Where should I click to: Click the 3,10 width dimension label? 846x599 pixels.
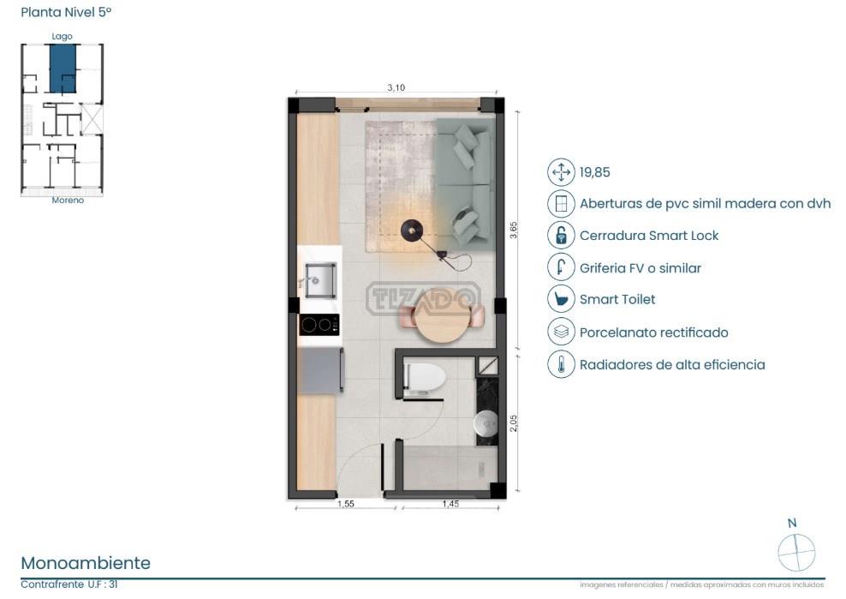[x=396, y=87]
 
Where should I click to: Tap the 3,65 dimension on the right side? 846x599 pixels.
[x=513, y=231]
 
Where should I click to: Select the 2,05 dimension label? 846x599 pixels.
[x=513, y=423]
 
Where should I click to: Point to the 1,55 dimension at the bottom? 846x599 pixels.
[x=345, y=503]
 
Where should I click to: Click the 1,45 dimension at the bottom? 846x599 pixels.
[x=450, y=503]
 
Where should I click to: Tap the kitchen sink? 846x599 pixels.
[x=319, y=280]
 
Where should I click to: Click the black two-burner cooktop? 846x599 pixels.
[x=319, y=325]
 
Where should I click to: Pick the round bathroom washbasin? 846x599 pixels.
[x=486, y=422]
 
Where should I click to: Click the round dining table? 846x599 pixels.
[x=443, y=316]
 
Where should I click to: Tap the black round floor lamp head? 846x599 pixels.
[x=412, y=231]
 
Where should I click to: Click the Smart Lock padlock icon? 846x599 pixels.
[x=561, y=236]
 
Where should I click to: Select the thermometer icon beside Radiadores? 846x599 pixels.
[x=561, y=364]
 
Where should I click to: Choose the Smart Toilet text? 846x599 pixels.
[x=617, y=299]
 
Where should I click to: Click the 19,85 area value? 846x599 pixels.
[x=594, y=172]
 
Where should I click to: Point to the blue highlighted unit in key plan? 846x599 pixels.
[x=63, y=69]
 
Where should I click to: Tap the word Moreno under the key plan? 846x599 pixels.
[x=68, y=200]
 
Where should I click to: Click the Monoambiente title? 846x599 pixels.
[x=86, y=563]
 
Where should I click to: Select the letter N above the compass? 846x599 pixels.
[x=792, y=523]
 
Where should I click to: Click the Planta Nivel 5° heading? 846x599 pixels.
[x=66, y=12]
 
